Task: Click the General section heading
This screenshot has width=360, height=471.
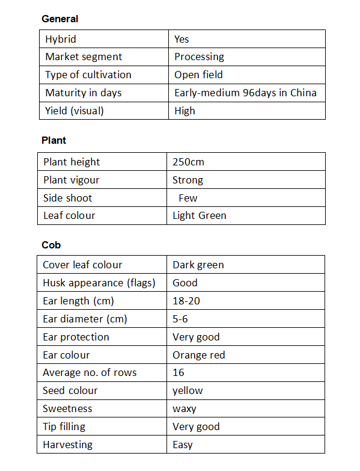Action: (59, 19)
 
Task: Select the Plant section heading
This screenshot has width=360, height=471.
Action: (53, 140)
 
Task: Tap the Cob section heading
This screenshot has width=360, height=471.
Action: (51, 245)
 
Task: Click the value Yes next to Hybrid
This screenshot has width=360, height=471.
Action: (182, 39)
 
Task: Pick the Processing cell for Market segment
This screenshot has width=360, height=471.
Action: (199, 57)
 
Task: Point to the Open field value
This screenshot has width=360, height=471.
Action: (198, 75)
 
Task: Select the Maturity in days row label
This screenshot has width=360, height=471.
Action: (84, 93)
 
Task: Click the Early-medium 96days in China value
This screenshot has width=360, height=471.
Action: (245, 93)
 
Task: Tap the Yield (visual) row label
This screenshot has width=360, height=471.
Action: (74, 111)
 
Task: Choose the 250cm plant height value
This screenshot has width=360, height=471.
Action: (189, 162)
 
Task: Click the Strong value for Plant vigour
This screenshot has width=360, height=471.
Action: (188, 180)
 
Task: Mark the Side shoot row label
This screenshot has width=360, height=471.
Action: (68, 198)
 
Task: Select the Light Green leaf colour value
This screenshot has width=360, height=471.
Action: (200, 215)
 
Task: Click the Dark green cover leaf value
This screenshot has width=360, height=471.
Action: (198, 265)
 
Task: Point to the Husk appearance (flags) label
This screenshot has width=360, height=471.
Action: (99, 283)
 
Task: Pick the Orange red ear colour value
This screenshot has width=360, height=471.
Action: (198, 355)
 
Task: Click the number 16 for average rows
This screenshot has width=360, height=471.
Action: (178, 372)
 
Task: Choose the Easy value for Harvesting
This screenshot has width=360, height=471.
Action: (183, 445)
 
